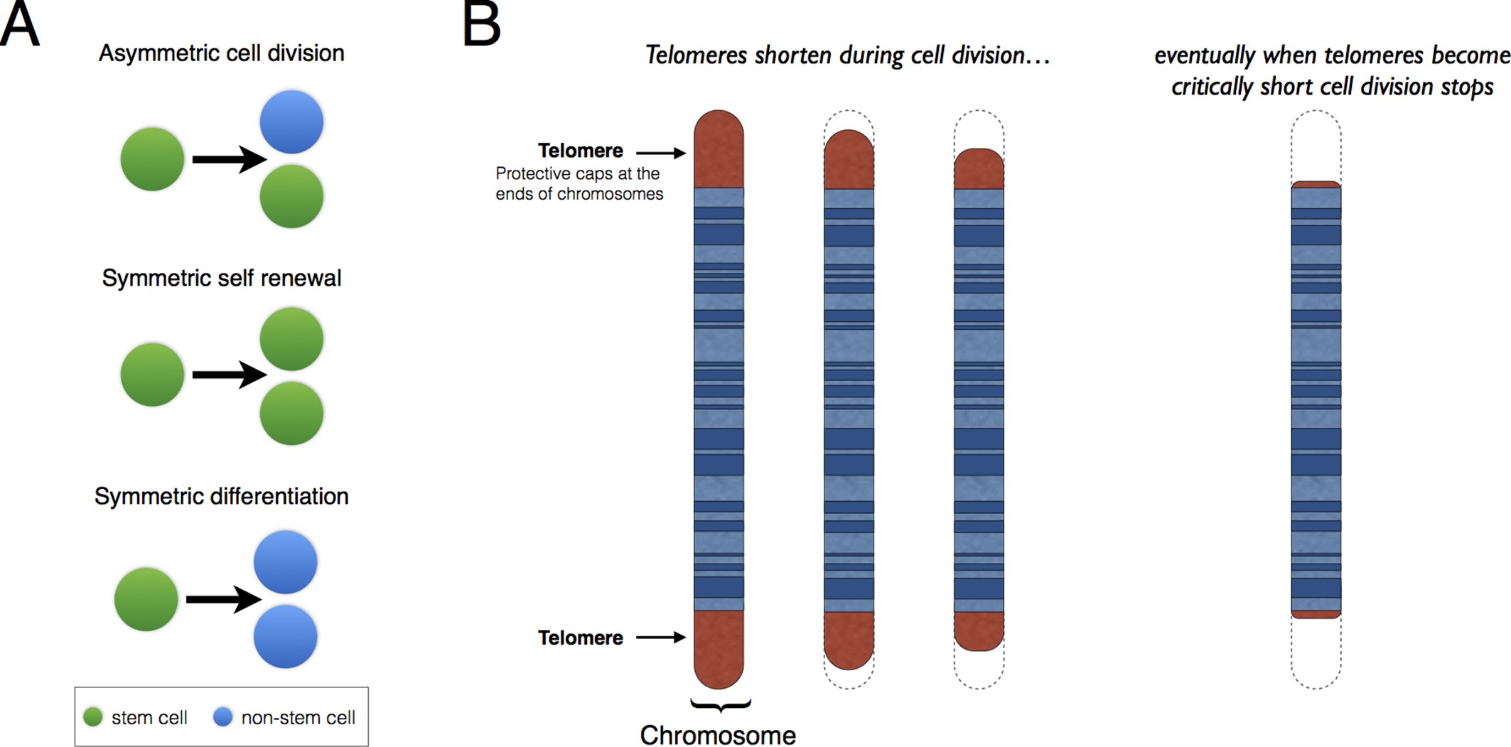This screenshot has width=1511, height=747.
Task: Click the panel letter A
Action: [19, 24]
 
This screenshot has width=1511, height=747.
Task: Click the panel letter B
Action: [481, 24]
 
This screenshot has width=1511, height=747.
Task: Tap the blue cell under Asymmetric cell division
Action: [291, 122]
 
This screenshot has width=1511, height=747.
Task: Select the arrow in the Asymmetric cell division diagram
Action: [228, 159]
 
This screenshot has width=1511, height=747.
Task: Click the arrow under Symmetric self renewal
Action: [228, 375]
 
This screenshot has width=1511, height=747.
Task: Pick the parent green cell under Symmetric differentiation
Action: [146, 599]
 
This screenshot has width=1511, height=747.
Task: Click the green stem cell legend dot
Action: [93, 717]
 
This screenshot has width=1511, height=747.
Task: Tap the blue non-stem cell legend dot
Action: [223, 717]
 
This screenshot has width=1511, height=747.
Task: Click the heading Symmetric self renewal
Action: [221, 278]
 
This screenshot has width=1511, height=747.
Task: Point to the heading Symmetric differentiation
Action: [221, 496]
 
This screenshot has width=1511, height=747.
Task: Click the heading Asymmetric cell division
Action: [221, 53]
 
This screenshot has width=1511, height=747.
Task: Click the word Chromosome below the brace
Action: [718, 735]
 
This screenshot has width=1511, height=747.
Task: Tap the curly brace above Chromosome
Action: [720, 705]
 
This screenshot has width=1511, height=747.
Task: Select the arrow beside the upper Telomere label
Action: [660, 153]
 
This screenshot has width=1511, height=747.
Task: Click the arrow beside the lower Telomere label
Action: [660, 638]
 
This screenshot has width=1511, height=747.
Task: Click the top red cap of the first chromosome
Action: [719, 149]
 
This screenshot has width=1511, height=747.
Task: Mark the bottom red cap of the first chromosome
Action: [719, 648]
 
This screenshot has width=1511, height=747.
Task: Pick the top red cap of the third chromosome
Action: [979, 169]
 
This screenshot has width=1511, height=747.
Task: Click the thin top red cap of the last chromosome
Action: [1316, 185]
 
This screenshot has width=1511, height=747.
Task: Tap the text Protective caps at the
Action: [577, 173]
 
